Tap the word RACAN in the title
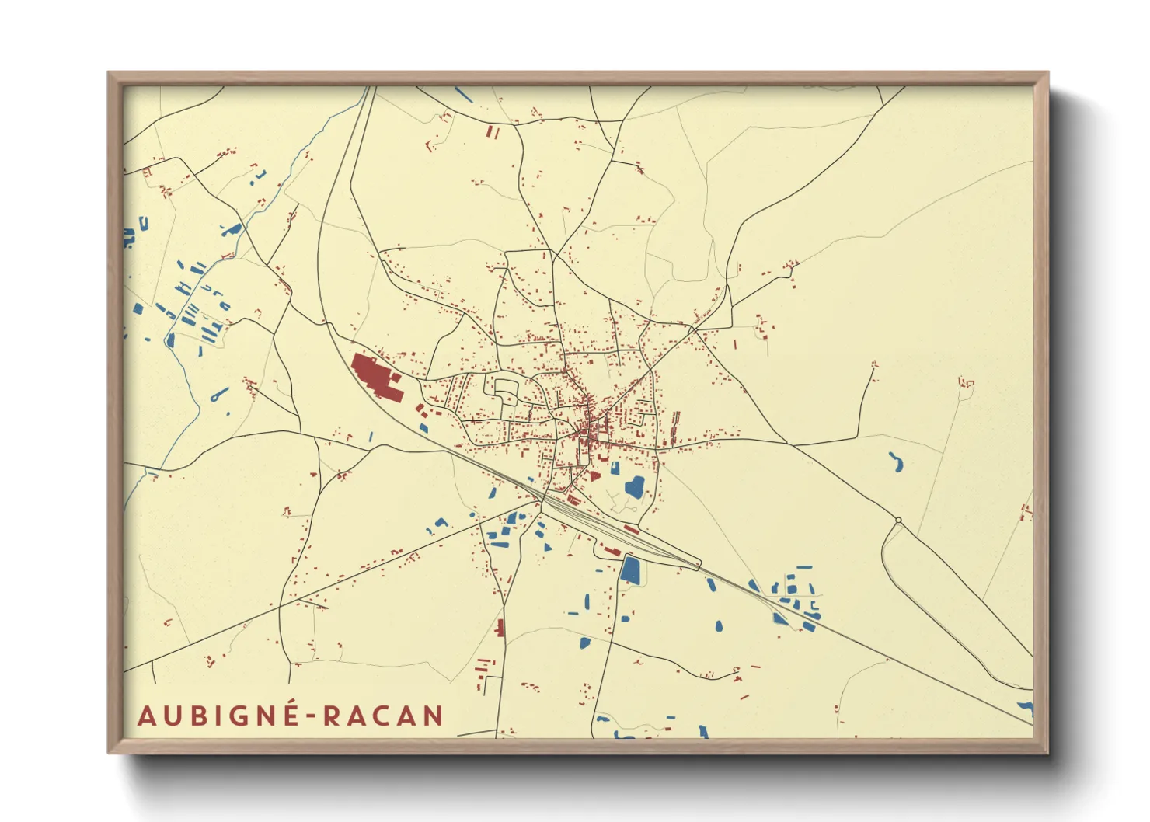pos(383,716)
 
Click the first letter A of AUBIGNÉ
pos(145,716)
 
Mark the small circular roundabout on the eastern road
pos(898,520)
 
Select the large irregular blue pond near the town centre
pos(635,487)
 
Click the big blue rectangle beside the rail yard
pos(630,569)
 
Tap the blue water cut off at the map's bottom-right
pos(1026,709)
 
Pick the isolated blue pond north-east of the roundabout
pos(896,462)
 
